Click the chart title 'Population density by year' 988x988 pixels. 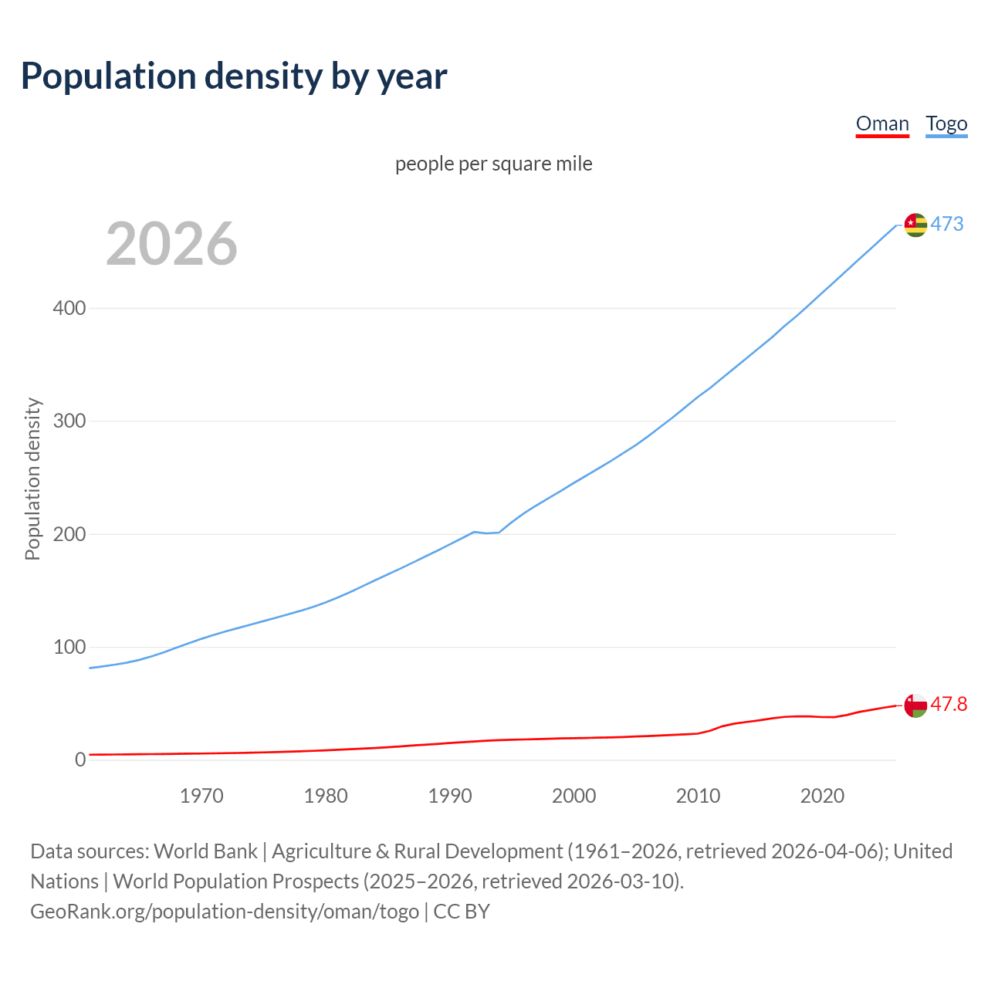pyautogui.click(x=234, y=76)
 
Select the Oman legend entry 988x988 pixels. pyautogui.click(x=882, y=123)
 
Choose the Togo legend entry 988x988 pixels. pyautogui.click(x=946, y=123)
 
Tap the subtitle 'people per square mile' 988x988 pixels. pyautogui.click(x=494, y=164)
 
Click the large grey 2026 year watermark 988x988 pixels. pyautogui.click(x=171, y=244)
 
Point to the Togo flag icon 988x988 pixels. pyautogui.click(x=915, y=225)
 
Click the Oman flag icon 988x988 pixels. pyautogui.click(x=915, y=705)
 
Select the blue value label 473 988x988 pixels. pyautogui.click(x=947, y=225)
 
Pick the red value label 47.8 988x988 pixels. pyautogui.click(x=949, y=705)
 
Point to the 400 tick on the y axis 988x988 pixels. pyautogui.click(x=69, y=309)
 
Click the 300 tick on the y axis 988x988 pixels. pyautogui.click(x=69, y=421)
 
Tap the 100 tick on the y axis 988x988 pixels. pyautogui.click(x=69, y=647)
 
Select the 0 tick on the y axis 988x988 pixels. pyautogui.click(x=80, y=760)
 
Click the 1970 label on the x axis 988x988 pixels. pyautogui.click(x=201, y=796)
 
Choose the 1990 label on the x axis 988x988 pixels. pyautogui.click(x=450, y=796)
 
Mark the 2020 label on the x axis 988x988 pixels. pyautogui.click(x=822, y=796)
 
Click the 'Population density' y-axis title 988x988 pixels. pyautogui.click(x=32, y=479)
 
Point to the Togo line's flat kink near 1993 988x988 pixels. pyautogui.click(x=487, y=533)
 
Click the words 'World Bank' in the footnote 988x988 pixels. pyautogui.click(x=205, y=851)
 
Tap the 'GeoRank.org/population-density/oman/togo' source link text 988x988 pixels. pyautogui.click(x=225, y=912)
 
